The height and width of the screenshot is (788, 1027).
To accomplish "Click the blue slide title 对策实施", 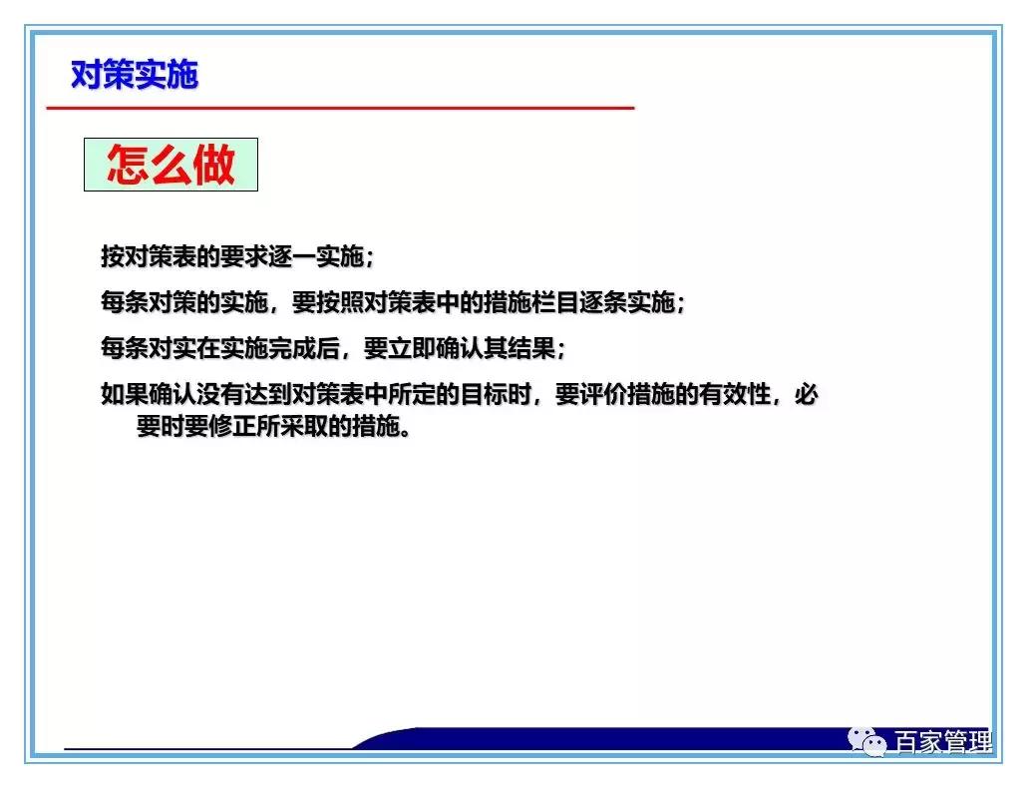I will coord(135,74).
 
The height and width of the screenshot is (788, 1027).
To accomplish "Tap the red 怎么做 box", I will coord(171,165).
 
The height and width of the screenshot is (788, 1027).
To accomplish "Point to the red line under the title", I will coord(339,107).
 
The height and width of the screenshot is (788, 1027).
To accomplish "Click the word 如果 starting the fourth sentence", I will coord(125,394).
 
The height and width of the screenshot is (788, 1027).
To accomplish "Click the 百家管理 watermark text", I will coord(942,743).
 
